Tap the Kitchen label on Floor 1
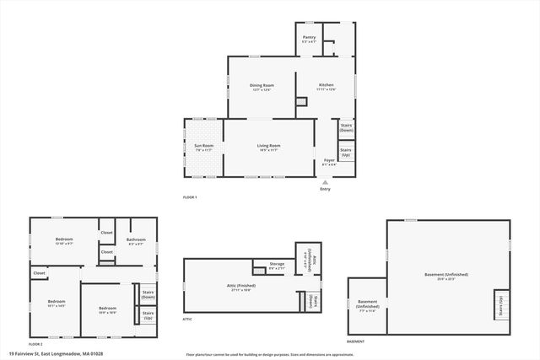[327, 86]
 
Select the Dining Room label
[262, 86]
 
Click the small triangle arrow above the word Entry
[325, 180]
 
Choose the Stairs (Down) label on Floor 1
[346, 128]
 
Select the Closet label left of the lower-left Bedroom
[40, 273]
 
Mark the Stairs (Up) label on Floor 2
[148, 314]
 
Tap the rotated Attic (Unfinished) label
[310, 260]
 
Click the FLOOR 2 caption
[35, 344]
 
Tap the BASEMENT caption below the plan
[356, 341]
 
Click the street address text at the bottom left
[46, 354]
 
